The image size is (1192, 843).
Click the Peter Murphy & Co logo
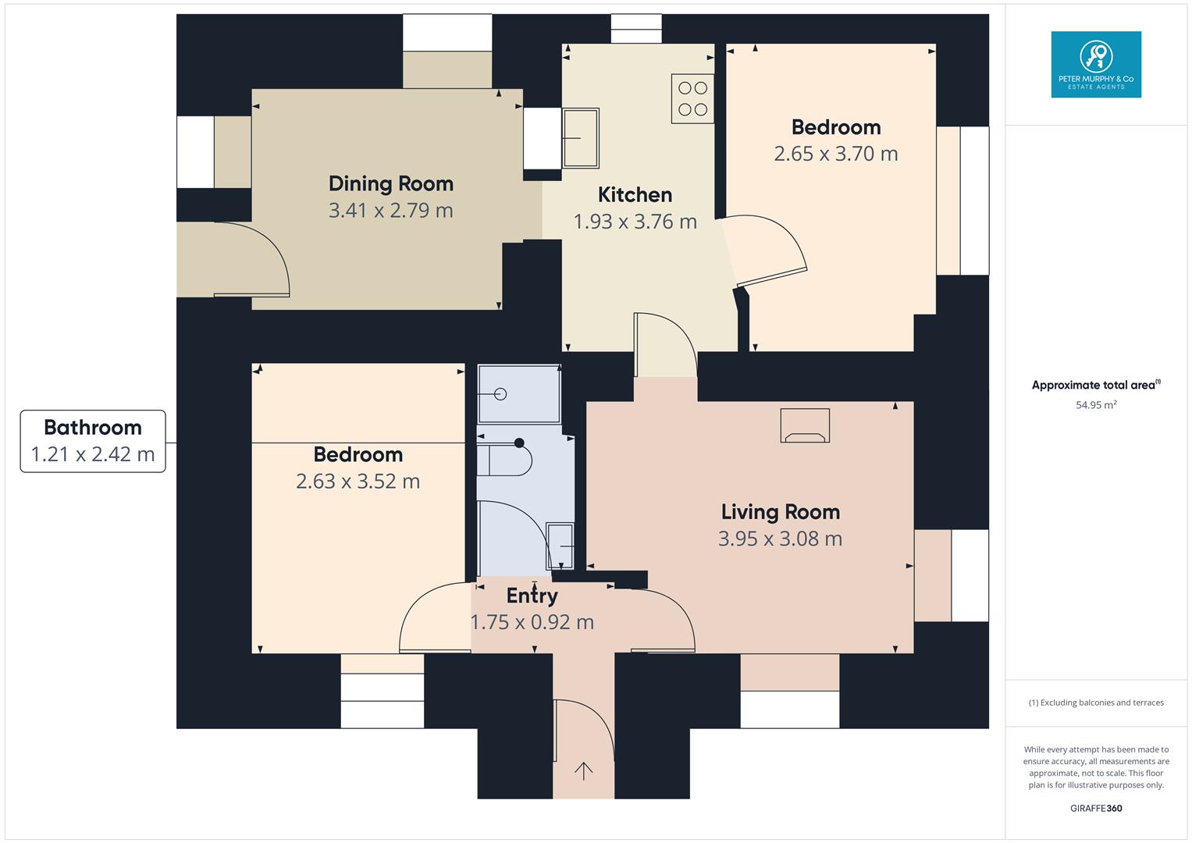tap(1095, 64)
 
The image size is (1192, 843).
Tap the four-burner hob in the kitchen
tap(692, 98)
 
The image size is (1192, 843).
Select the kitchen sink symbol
tap(580, 138)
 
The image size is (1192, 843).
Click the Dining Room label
tap(390, 183)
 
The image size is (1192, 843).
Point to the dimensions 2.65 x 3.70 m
tap(835, 154)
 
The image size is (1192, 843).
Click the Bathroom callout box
tap(93, 441)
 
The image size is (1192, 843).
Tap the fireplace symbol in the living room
tap(804, 426)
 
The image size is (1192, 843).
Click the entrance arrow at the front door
tap(583, 771)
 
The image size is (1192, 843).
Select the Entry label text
tap(532, 596)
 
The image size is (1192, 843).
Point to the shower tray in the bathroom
tap(518, 394)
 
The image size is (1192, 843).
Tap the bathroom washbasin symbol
tap(560, 546)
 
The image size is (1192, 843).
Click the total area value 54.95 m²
tap(1095, 405)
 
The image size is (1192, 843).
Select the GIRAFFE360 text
tap(1095, 808)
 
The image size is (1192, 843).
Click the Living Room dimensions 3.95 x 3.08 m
tap(780, 539)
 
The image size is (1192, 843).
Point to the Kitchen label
tap(635, 194)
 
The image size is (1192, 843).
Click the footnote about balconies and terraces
tap(1095, 702)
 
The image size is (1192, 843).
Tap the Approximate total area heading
tap(1095, 385)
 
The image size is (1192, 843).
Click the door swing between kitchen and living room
tap(665, 343)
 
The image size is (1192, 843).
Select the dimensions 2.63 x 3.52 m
tap(358, 482)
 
